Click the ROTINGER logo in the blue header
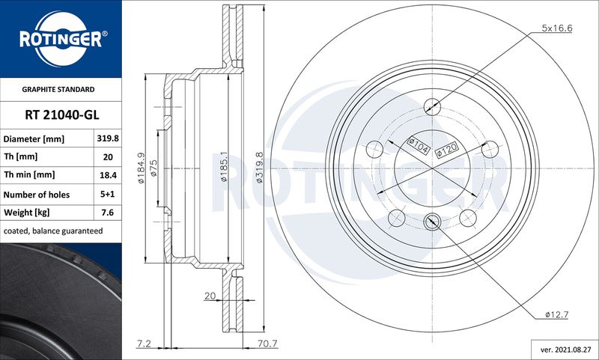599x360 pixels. pyautogui.click(x=61, y=40)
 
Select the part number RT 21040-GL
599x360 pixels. pyautogui.click(x=62, y=115)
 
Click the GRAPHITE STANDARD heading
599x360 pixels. pyautogui.click(x=58, y=89)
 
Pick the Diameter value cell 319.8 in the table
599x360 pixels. pyautogui.click(x=108, y=138)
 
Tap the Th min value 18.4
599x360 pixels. pyautogui.click(x=108, y=175)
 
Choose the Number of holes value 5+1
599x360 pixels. pyautogui.click(x=108, y=194)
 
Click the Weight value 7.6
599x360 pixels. pyautogui.click(x=108, y=213)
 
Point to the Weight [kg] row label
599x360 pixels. pyautogui.click(x=27, y=213)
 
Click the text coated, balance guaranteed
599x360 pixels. pyautogui.click(x=53, y=231)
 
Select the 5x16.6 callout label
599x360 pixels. pyautogui.click(x=556, y=28)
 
